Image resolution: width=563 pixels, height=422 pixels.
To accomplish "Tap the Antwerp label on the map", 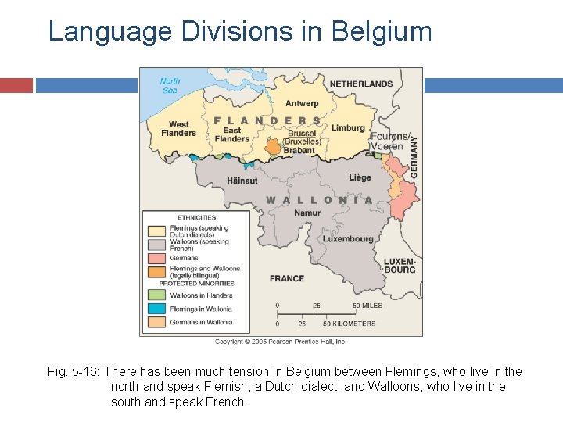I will (x=302, y=103).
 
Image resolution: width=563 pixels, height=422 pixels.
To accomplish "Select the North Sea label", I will (x=170, y=85).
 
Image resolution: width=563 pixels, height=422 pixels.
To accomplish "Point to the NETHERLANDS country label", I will (x=361, y=84).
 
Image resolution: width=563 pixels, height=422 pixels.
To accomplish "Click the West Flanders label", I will (x=178, y=128).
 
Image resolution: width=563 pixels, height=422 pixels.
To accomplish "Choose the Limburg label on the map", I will (x=348, y=127).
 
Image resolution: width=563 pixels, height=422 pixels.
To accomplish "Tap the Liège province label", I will (x=360, y=177).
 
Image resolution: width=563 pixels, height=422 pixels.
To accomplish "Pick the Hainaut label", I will (x=242, y=181).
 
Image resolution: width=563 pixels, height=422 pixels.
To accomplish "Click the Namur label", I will (x=307, y=213).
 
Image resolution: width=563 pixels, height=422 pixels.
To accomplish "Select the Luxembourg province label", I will (x=348, y=239).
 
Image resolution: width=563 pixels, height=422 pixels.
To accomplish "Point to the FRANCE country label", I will (x=287, y=278).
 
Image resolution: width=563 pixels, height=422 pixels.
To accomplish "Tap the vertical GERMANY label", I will (x=414, y=156).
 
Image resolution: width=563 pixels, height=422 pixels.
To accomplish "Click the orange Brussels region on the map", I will (x=273, y=146).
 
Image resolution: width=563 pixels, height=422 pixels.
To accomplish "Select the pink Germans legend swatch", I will (x=156, y=258).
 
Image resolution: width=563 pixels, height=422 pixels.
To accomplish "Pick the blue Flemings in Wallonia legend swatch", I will (x=156, y=309).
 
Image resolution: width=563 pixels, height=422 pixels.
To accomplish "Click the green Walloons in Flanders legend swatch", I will (x=156, y=295).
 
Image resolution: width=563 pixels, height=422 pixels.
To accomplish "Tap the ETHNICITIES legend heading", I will (x=197, y=218).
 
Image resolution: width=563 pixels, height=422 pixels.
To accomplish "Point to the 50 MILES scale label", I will (x=367, y=305).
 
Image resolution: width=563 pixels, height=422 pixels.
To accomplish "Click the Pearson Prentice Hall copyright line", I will (x=281, y=342).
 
